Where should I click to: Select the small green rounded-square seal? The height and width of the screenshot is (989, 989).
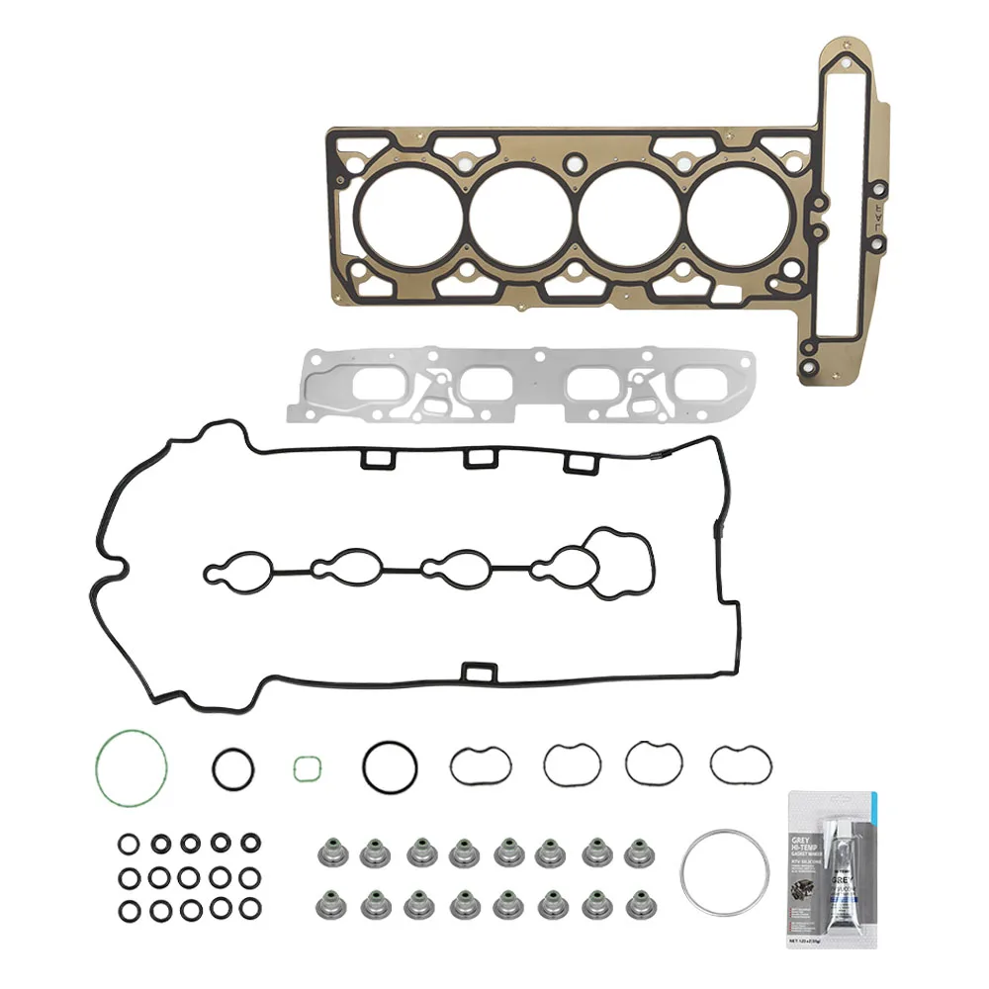[x=308, y=767]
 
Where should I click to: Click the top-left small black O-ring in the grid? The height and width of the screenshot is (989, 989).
[x=129, y=844]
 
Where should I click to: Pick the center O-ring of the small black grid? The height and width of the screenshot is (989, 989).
[x=189, y=877]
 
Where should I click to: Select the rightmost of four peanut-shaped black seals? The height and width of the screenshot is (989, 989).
[x=734, y=761]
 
